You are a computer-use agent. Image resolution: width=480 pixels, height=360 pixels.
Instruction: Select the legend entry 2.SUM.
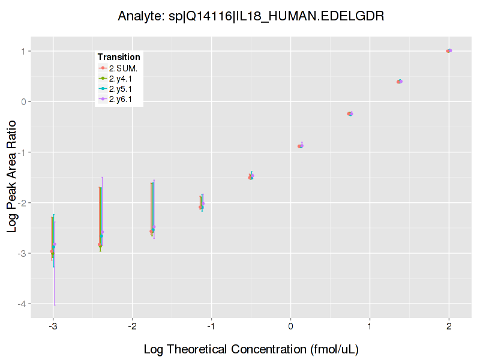pyautogui.click(x=123, y=68)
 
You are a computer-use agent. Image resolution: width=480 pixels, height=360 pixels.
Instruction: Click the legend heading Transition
pyautogui.click(x=119, y=57)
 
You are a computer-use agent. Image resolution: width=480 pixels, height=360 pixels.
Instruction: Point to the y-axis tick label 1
pyautogui.click(x=23, y=51)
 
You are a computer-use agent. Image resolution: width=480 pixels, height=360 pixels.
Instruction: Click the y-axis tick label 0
pyautogui.click(x=23, y=101)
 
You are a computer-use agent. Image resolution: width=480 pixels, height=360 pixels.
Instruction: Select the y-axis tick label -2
pyautogui.click(x=22, y=203)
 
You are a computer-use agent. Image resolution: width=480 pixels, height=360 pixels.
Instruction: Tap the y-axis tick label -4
pyautogui.click(x=22, y=304)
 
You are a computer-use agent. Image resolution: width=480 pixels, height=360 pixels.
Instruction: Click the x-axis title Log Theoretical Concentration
pyautogui.click(x=251, y=349)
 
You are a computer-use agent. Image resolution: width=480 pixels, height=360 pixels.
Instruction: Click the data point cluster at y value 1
pyautogui.click(x=449, y=51)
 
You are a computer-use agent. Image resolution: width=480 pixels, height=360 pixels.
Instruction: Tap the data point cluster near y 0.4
pyautogui.click(x=399, y=82)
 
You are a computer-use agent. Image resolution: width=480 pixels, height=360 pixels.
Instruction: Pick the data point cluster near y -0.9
pyautogui.click(x=301, y=146)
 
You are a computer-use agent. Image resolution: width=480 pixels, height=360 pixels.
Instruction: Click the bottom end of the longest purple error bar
pyautogui.click(x=55, y=305)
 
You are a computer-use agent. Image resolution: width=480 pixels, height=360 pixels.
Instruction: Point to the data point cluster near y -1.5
pyautogui.click(x=251, y=176)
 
